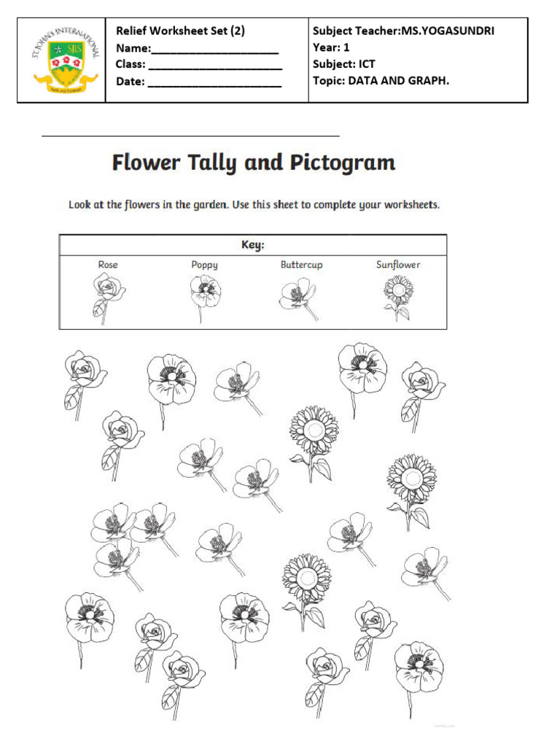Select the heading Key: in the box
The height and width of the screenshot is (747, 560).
(x=253, y=245)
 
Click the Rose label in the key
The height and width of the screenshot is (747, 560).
(x=108, y=265)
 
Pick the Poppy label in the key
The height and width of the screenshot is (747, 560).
(x=204, y=265)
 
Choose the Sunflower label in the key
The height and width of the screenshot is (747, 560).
(x=398, y=265)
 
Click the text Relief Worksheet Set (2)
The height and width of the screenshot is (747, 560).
(x=180, y=31)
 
